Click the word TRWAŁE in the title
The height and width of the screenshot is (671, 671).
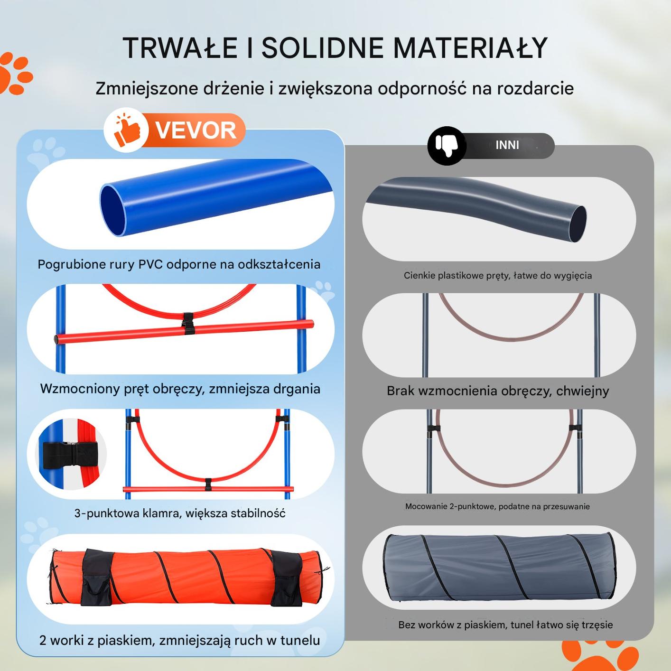coord(180,48)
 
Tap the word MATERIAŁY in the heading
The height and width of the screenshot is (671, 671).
coord(471,48)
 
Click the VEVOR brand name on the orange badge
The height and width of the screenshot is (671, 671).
coord(196,130)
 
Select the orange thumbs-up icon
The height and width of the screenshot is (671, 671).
coord(127,130)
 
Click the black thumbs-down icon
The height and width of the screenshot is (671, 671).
coord(447,146)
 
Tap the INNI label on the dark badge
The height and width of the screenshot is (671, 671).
coord(507,145)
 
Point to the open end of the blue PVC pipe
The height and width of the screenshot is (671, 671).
coord(113,211)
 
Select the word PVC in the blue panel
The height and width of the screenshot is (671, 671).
coord(150,264)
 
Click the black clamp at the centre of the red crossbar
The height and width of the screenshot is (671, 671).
coord(188,324)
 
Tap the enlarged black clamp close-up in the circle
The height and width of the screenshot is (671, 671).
coord(71,454)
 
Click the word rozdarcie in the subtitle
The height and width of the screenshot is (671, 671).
coord(536,88)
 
